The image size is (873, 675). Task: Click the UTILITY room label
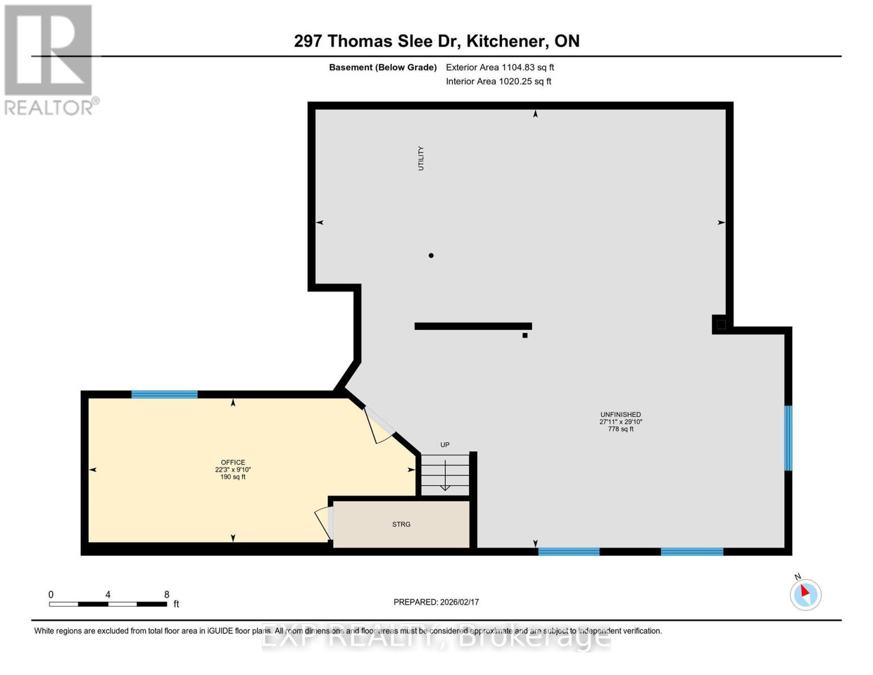point(420,158)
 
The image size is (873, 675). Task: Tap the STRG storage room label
point(401,524)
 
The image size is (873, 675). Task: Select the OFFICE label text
point(233,462)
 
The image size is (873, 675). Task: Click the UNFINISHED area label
point(621,415)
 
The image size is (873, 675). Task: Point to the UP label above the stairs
point(445,444)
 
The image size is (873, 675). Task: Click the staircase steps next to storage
point(445,475)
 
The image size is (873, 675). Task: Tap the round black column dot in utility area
point(431,255)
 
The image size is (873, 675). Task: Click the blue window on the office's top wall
point(164,394)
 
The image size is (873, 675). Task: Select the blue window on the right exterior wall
point(788,438)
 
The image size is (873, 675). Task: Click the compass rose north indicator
point(806,593)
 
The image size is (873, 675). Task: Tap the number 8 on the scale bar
point(166,595)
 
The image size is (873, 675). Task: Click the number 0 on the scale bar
point(51,595)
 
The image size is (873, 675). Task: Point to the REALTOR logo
point(49,60)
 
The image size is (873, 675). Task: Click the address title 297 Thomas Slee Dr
point(436,41)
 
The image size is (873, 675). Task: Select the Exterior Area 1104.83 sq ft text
point(500,67)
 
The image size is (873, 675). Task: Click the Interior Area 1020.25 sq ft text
point(499,81)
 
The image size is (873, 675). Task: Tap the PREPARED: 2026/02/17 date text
point(436,602)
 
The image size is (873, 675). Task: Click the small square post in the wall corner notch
point(721,324)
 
